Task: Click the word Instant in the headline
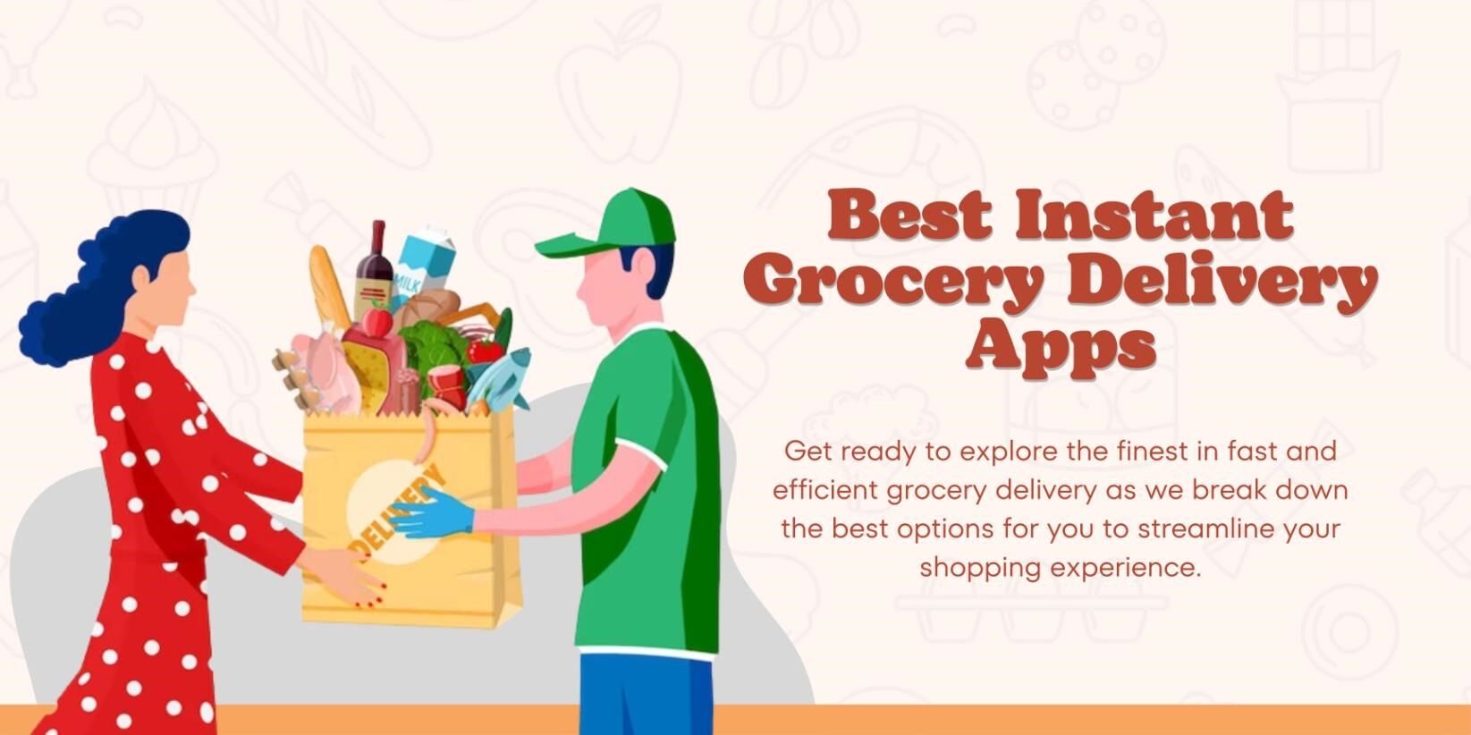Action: [x=1154, y=215]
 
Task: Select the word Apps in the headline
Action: [x=1061, y=344]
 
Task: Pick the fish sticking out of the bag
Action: [x=501, y=376]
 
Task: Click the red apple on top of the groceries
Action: [x=379, y=319]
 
